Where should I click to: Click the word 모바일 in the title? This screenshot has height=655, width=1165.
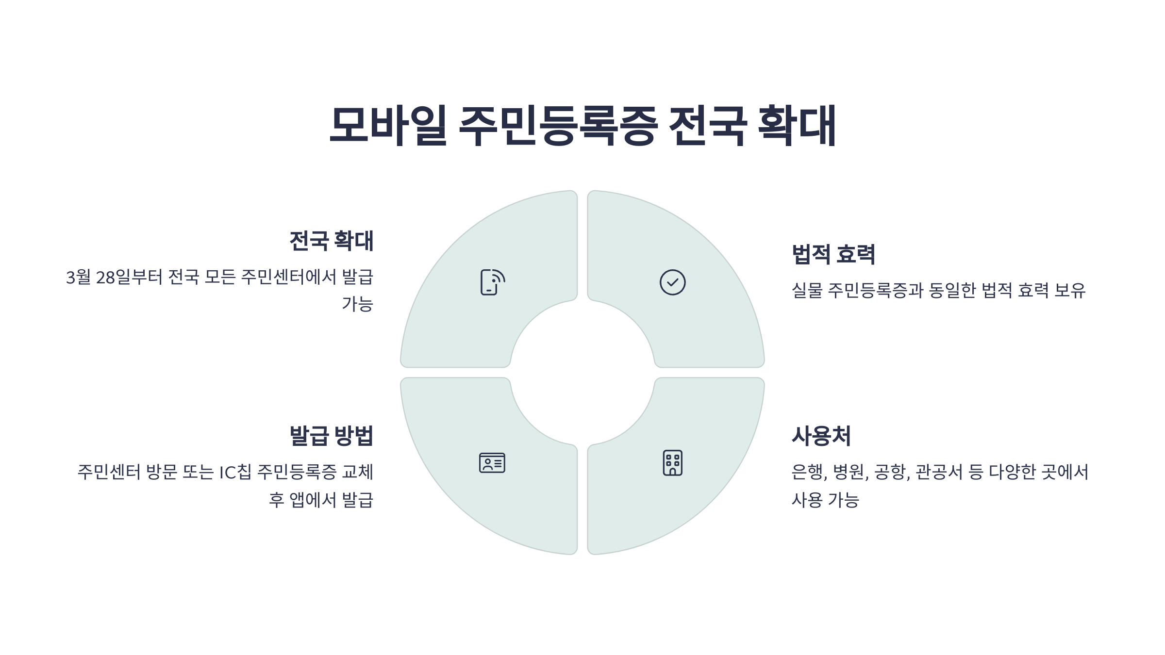(x=387, y=125)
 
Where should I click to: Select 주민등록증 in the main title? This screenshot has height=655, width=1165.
(x=558, y=125)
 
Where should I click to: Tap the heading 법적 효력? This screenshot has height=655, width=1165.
(x=833, y=254)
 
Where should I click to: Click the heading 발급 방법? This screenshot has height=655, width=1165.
(x=331, y=436)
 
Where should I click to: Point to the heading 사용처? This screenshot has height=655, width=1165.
(x=821, y=436)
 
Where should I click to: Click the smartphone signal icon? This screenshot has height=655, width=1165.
(x=492, y=282)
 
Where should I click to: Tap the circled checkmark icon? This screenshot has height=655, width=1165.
(x=672, y=282)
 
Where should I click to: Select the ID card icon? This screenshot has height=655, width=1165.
(x=492, y=463)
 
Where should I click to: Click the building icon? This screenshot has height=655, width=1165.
(x=672, y=463)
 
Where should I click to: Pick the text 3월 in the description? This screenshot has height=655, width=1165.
(x=78, y=278)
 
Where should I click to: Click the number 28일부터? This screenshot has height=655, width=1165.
(x=129, y=278)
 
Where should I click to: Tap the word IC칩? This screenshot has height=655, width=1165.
(x=235, y=472)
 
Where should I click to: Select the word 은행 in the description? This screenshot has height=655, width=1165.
(x=809, y=472)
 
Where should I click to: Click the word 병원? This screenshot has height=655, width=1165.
(x=850, y=472)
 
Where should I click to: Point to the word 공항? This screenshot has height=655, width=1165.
(x=892, y=472)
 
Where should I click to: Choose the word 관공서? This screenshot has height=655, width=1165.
(x=939, y=472)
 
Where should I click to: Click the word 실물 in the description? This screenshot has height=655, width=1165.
(x=807, y=291)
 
